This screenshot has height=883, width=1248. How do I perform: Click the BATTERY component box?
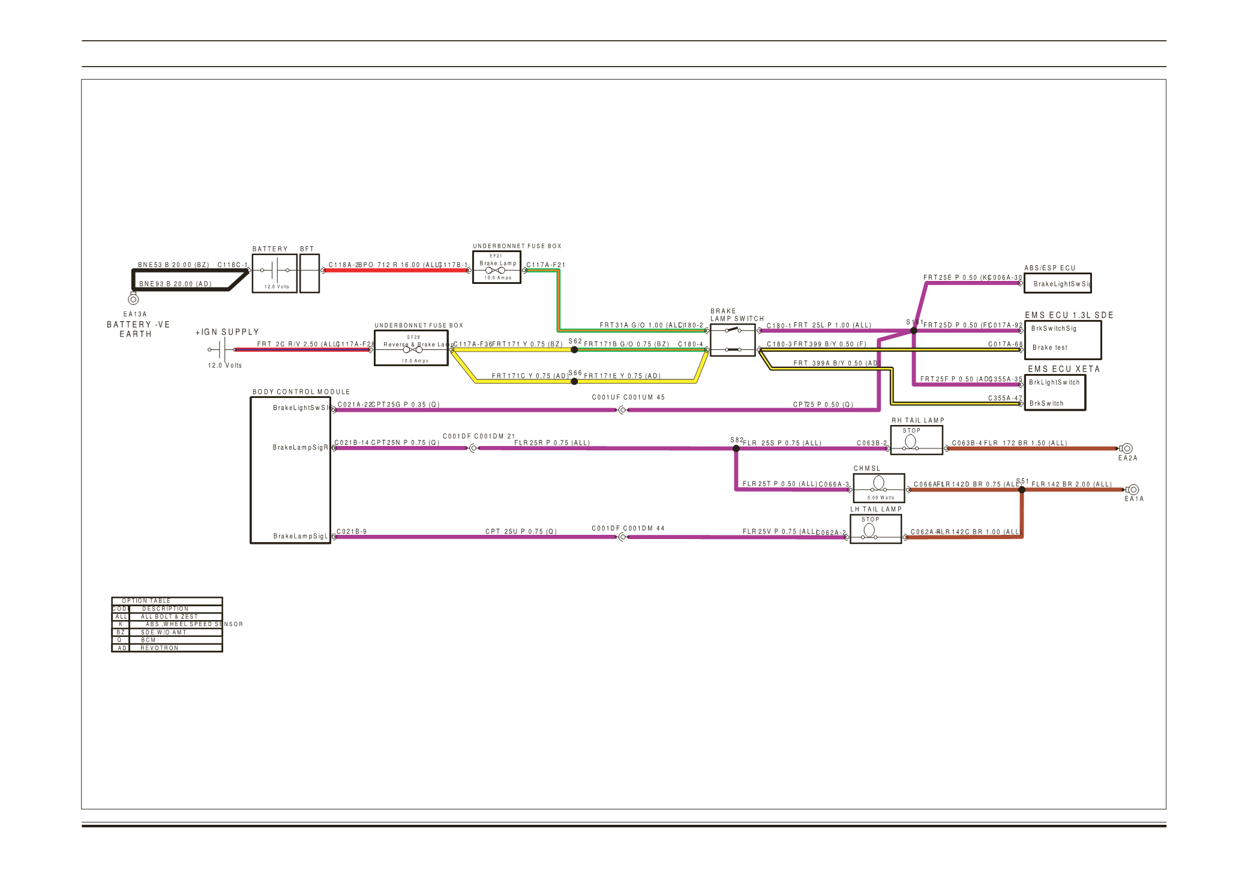click(274, 273)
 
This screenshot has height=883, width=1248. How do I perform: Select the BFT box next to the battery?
click(309, 273)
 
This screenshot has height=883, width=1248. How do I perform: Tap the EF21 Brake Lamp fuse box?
click(496, 267)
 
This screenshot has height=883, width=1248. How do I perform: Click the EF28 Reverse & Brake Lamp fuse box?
click(411, 348)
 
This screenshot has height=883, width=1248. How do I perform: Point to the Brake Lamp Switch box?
click(732, 340)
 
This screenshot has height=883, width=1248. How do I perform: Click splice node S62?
click(574, 349)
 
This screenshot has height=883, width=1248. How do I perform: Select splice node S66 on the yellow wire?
click(574, 381)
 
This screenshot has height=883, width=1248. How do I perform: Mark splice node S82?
click(736, 448)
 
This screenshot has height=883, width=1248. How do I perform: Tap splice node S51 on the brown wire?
click(1022, 490)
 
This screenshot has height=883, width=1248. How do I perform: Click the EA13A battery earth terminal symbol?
click(133, 299)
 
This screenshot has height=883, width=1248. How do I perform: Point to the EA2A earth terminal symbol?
click(1127, 448)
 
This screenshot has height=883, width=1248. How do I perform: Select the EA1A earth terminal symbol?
click(1133, 490)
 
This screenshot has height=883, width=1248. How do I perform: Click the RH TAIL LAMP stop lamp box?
click(916, 440)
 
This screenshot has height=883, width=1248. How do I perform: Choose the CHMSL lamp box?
click(878, 487)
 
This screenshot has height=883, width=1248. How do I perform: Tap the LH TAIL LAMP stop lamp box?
click(875, 529)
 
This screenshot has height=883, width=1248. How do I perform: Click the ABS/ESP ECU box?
click(1057, 283)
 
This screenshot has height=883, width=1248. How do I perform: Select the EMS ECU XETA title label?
click(1064, 369)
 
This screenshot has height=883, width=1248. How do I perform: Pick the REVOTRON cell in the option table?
click(160, 648)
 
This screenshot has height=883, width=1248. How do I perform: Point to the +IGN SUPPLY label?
click(227, 332)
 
